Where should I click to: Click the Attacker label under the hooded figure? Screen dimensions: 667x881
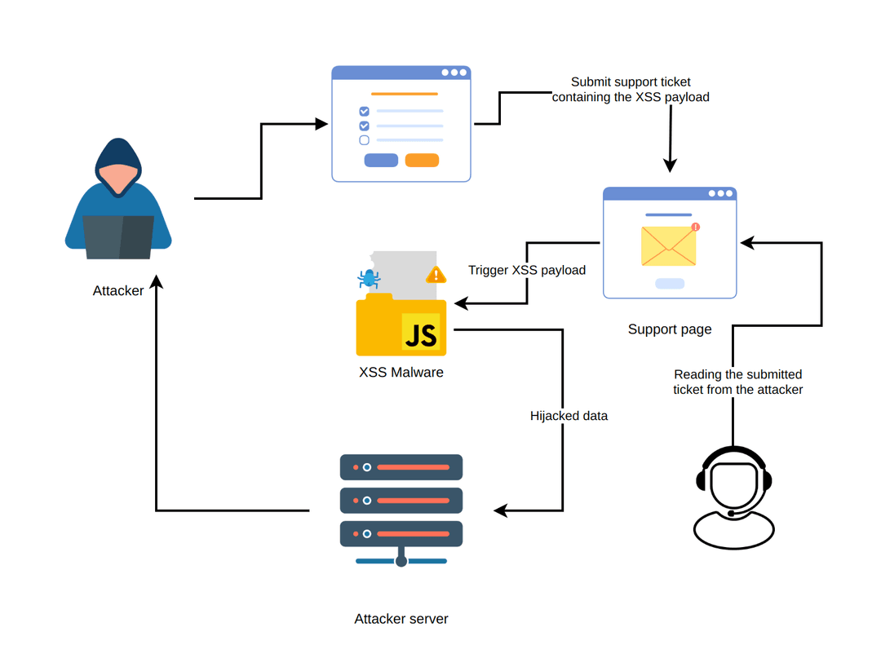tap(118, 290)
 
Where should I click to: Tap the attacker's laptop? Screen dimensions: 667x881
tap(118, 236)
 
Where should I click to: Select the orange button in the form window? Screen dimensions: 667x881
tap(422, 160)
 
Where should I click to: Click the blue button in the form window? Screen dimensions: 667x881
tap(381, 160)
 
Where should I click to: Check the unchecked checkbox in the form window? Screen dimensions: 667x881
tap(364, 140)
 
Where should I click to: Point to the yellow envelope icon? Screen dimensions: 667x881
tap(669, 246)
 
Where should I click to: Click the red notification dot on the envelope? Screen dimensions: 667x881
tap(695, 227)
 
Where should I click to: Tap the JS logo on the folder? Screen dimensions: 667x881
tap(421, 333)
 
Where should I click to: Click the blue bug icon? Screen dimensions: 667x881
tap(370, 278)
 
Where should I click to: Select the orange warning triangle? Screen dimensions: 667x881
tap(436, 275)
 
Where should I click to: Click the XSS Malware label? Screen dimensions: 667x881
tap(401, 373)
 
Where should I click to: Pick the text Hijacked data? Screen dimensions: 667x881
tap(569, 416)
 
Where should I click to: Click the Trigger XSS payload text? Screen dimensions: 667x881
tap(527, 270)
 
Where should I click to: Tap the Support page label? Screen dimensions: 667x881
tap(670, 329)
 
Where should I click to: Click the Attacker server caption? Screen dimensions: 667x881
tap(401, 619)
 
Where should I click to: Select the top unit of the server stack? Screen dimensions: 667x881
tap(401, 467)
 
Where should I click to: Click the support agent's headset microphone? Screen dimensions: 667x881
tap(732, 514)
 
